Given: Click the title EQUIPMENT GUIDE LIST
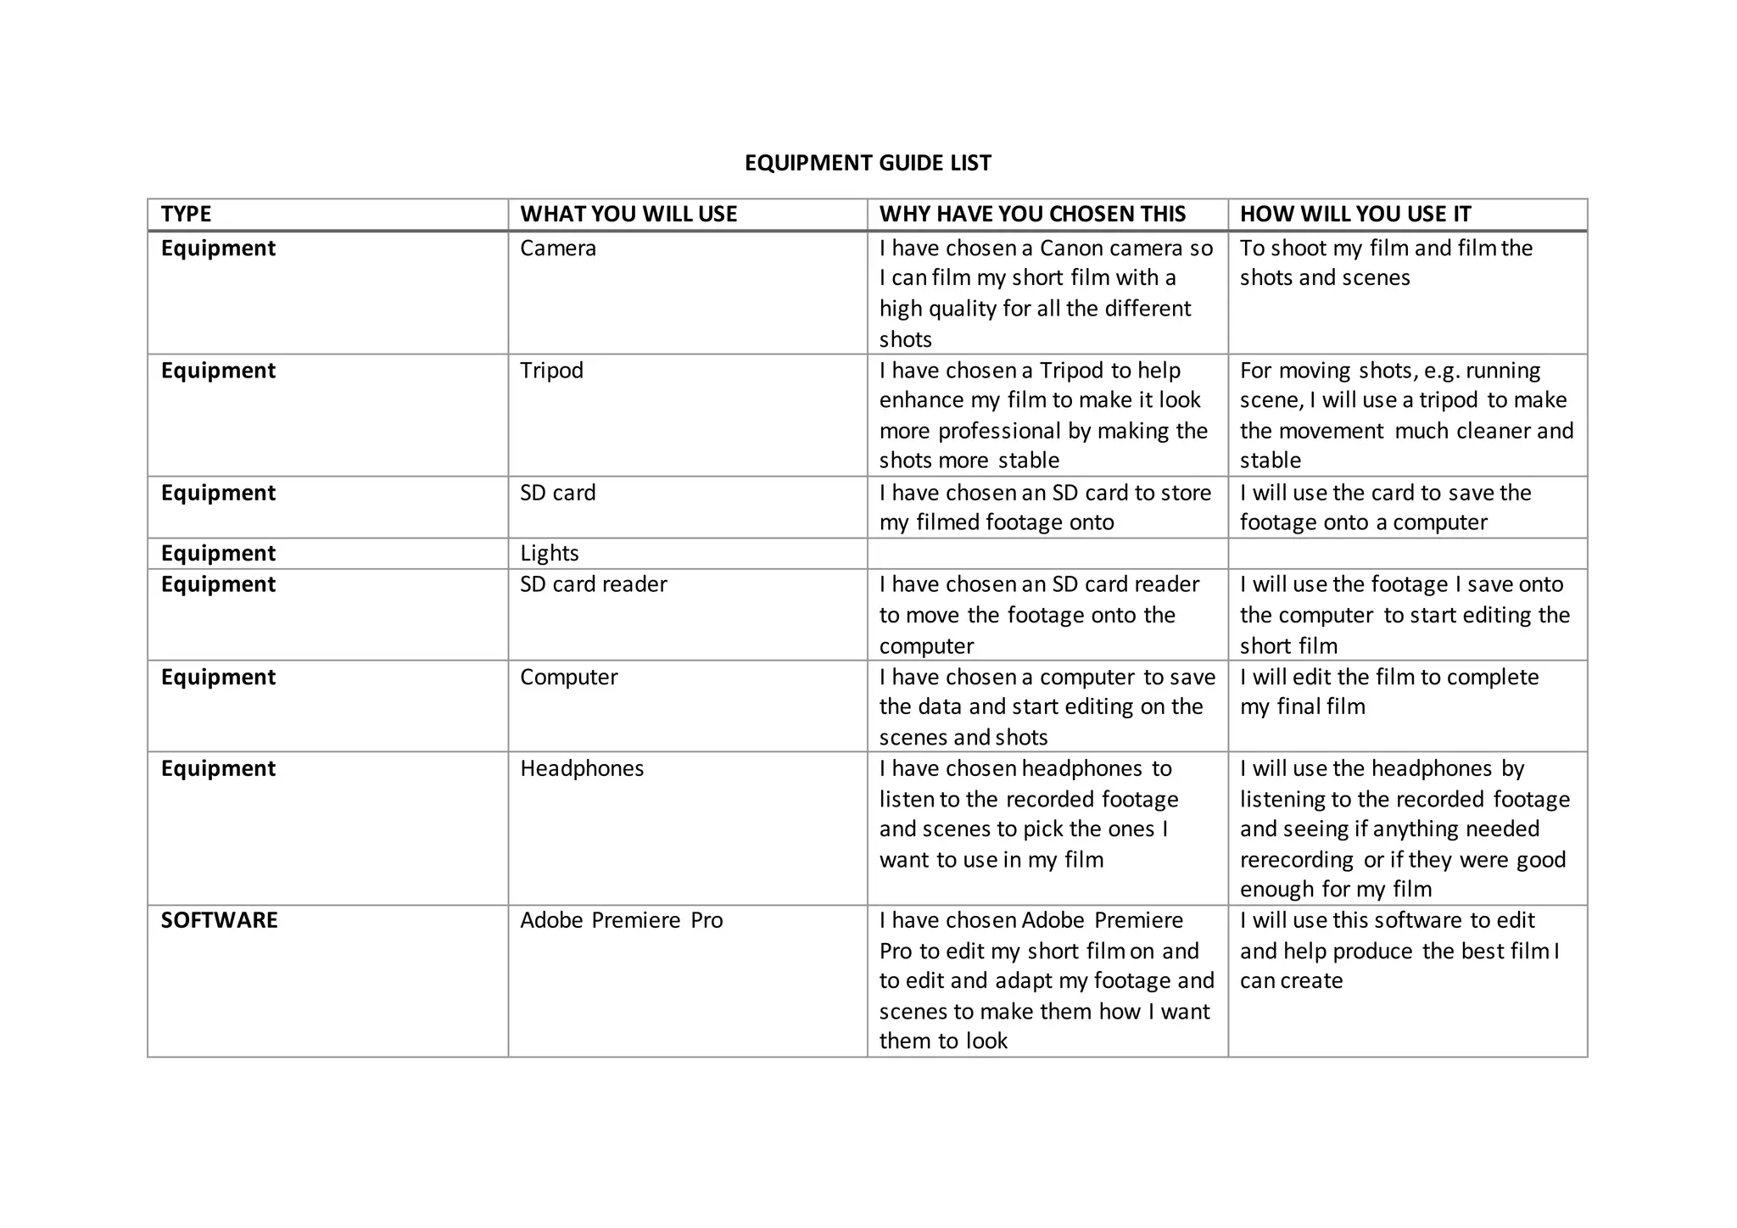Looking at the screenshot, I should tap(868, 163).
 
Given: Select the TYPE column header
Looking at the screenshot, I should tap(187, 214).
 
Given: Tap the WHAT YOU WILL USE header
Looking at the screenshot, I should tap(628, 214).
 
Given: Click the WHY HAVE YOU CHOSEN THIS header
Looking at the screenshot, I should tap(1032, 214).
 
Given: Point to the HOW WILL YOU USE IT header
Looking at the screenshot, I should tap(1354, 214).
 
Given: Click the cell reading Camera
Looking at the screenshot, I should tap(558, 248).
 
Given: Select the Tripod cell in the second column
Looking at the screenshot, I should tap(551, 371).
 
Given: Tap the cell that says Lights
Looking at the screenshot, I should tap(549, 554).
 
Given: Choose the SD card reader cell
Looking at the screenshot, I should tap(593, 584).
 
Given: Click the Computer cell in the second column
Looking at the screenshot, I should tap(568, 677).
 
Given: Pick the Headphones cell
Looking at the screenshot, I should tap(582, 768).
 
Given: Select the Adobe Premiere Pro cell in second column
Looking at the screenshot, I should tap(621, 920).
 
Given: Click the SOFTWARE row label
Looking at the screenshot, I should tap(219, 920).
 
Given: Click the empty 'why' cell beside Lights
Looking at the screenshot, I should tap(1047, 554).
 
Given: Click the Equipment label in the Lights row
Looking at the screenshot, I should tap(218, 554).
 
